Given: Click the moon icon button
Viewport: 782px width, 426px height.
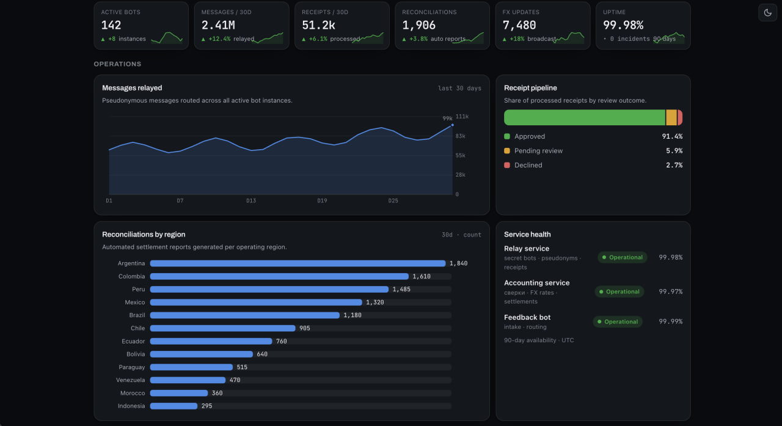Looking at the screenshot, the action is [767, 13].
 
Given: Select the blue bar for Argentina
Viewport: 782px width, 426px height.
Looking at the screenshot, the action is [298, 263].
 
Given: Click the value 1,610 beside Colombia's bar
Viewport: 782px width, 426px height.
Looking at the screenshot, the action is [422, 276].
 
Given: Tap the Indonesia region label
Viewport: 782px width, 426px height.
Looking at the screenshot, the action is [131, 406].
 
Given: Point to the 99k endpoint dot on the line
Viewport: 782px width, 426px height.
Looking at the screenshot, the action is [453, 125].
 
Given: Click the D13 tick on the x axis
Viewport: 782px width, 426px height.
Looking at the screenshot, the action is [251, 200].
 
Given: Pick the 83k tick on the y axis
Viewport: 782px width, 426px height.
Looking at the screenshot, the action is [460, 136].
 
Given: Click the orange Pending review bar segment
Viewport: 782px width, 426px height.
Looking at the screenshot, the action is [671, 117].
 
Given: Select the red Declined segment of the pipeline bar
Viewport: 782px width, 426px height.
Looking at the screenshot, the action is [680, 117].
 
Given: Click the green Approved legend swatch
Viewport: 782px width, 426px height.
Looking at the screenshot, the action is [507, 136].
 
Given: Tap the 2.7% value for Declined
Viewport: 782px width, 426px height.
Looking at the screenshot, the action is [674, 165].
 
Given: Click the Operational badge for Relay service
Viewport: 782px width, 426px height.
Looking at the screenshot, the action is [623, 257].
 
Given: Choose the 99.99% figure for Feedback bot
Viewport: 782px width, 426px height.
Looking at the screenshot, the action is [670, 321].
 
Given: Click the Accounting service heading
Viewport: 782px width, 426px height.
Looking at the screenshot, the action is [536, 283].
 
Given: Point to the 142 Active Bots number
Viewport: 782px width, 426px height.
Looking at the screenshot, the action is [111, 25].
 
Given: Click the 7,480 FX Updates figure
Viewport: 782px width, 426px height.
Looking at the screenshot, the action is [519, 25].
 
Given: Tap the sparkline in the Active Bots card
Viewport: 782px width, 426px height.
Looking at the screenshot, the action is [167, 38].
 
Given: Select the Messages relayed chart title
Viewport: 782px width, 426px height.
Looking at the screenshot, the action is [132, 88].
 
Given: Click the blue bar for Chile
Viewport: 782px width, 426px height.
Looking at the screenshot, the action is [223, 328].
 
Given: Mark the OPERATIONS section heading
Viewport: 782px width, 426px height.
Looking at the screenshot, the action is [117, 64].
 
